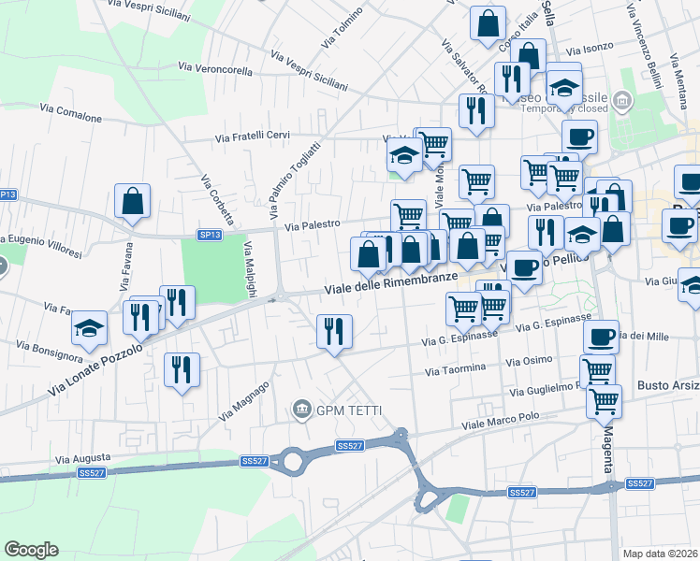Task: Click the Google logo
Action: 31,550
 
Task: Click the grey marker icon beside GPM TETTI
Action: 301,409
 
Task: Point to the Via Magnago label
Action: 244,399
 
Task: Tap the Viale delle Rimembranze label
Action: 391,283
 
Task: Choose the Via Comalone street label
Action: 70,113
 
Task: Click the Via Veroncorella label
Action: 214,68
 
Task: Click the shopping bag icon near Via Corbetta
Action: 133,201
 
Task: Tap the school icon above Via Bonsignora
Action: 90,327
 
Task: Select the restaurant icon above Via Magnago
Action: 182,368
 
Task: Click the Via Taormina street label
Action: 456,370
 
